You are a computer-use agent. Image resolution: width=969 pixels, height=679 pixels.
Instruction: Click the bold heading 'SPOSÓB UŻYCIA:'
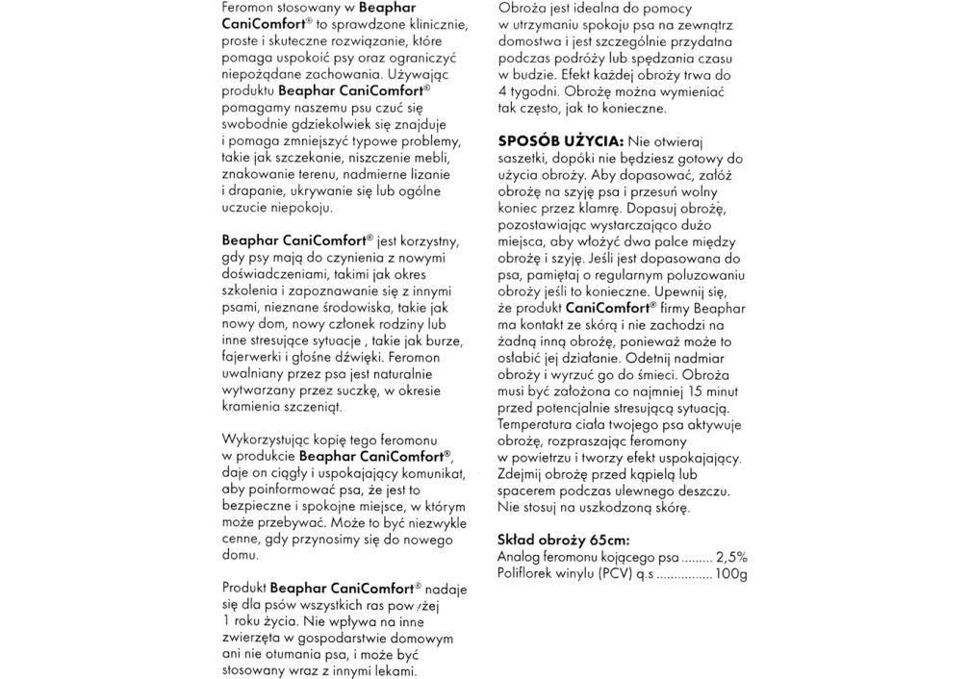[x=556, y=139]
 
